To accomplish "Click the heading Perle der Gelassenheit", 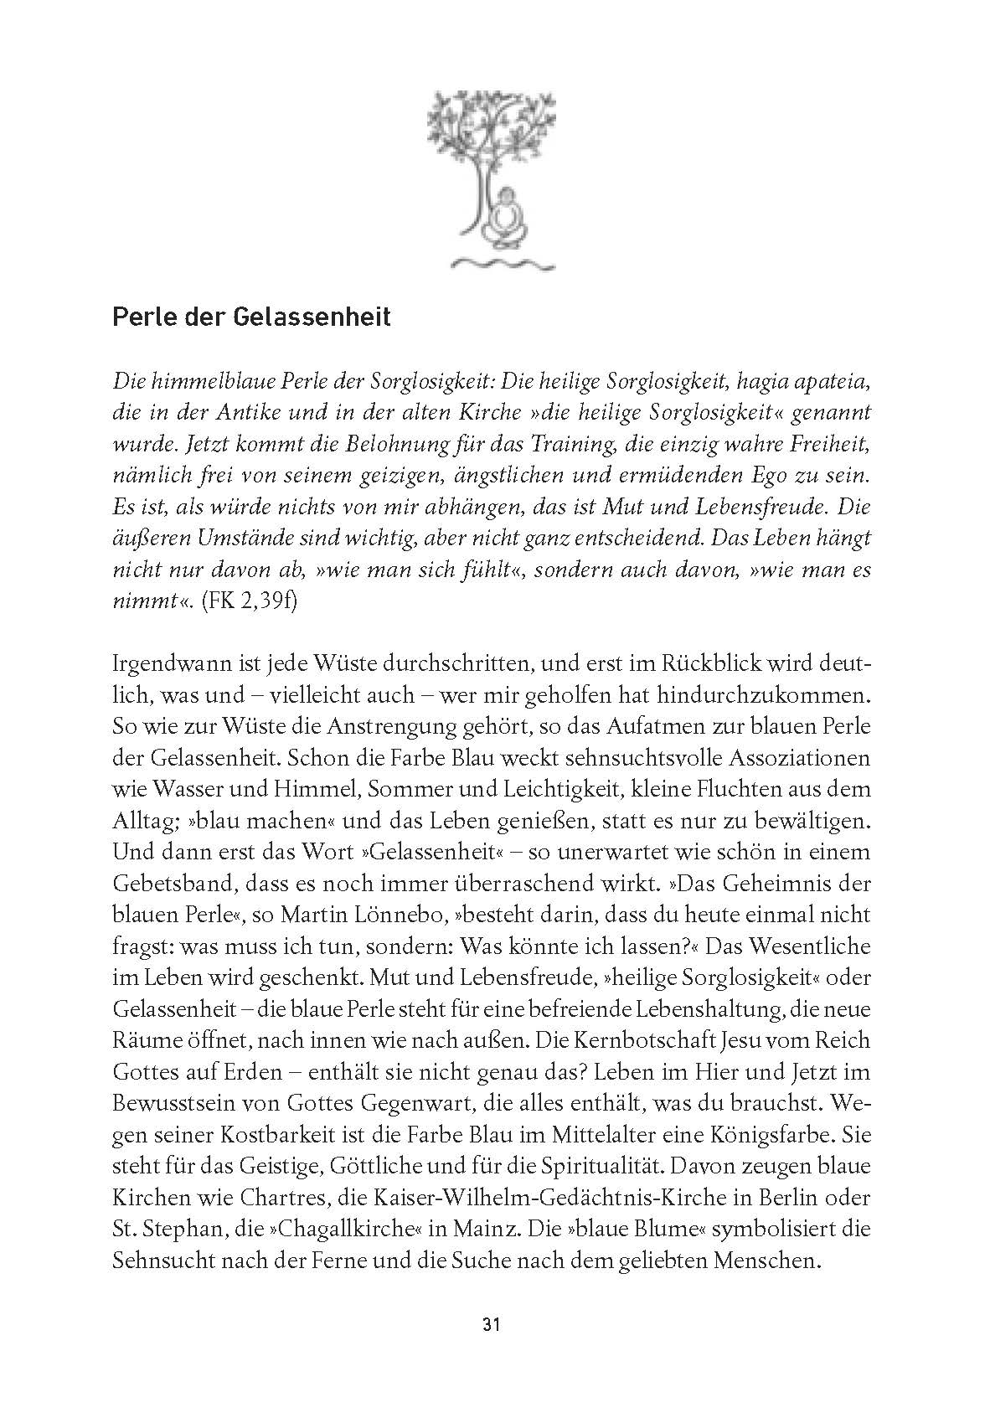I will coord(251,319).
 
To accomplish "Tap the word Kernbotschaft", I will coord(637,1041).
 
